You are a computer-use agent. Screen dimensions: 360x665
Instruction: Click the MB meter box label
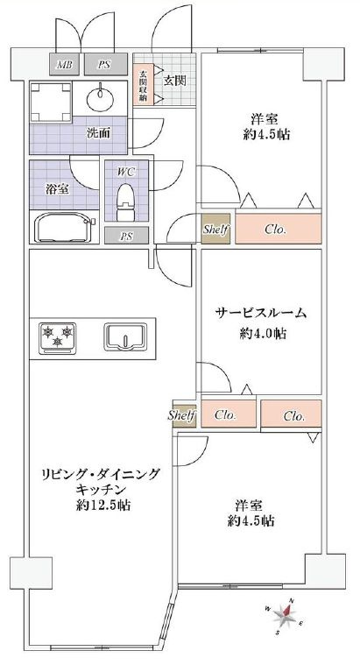(x=65, y=65)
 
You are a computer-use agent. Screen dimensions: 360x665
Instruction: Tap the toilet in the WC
(x=125, y=202)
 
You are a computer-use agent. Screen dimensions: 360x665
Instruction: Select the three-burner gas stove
(x=57, y=338)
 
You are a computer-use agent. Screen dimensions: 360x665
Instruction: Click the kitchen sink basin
(x=125, y=337)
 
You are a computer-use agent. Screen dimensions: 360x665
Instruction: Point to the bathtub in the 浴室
(x=65, y=227)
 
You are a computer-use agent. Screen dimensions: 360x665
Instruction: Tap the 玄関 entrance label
(x=174, y=81)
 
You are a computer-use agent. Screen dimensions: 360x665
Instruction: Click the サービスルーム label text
(x=261, y=314)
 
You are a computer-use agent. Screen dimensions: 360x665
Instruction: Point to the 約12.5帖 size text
(x=103, y=506)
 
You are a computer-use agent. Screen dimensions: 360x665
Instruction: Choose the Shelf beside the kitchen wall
(x=184, y=414)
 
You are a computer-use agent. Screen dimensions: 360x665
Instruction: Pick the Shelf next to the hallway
(x=215, y=229)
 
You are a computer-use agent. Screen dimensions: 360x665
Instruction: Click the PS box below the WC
(x=126, y=236)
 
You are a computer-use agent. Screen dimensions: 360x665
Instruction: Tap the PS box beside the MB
(x=106, y=65)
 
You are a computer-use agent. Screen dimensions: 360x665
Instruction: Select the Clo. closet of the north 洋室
(x=279, y=229)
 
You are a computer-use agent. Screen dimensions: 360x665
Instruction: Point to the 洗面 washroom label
(x=99, y=133)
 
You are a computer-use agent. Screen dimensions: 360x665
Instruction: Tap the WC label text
(x=126, y=172)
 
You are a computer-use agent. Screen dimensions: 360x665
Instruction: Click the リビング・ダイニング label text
(x=101, y=474)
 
